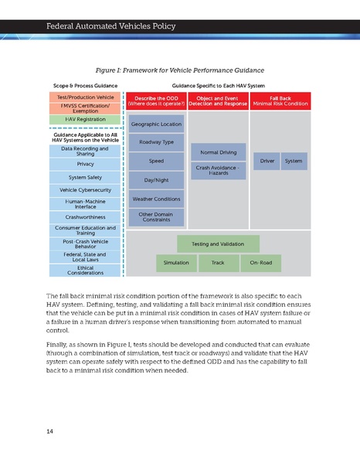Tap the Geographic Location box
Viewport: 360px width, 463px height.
[156, 124]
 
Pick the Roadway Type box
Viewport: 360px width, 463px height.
[156, 142]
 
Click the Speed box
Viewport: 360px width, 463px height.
[156, 161]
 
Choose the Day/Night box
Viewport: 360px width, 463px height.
[156, 179]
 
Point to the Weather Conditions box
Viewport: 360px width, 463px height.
[156, 198]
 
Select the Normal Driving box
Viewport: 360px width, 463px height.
[218, 152]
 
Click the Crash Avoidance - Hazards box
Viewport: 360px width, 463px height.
[218, 170]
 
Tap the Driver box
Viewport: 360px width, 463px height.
[267, 161]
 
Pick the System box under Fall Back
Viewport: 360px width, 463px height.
[294, 161]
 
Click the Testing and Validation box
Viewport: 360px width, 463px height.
[218, 243]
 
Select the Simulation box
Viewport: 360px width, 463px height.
[176, 263]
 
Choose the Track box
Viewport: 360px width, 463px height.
[218, 263]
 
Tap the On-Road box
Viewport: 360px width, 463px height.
[260, 263]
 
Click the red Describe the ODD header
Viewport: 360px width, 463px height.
[156, 101]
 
